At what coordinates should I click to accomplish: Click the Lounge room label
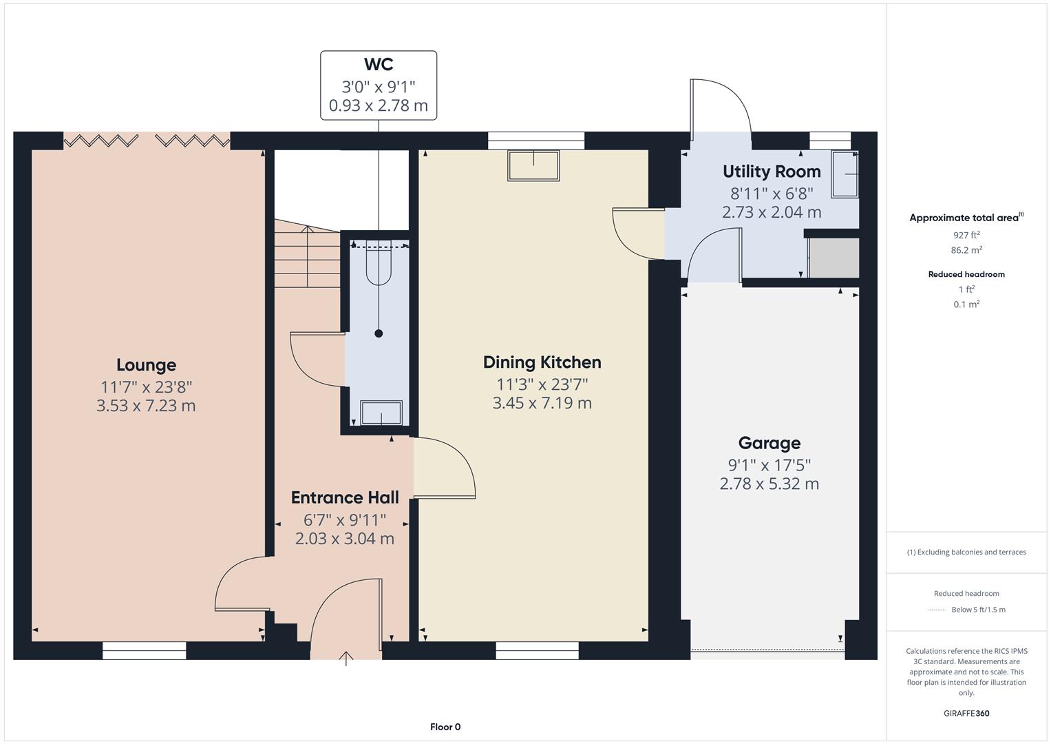(146, 365)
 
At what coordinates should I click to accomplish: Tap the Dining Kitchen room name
(542, 362)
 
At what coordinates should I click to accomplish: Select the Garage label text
(769, 443)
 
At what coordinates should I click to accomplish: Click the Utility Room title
(772, 172)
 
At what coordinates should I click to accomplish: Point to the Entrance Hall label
(345, 497)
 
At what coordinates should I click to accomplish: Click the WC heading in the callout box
(378, 65)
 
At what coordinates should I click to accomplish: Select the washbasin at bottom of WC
(381, 413)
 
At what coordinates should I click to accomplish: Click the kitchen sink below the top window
(533, 165)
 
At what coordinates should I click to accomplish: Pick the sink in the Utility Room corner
(845, 174)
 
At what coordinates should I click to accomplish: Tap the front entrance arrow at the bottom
(346, 658)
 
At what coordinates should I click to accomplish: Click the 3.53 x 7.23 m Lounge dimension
(146, 406)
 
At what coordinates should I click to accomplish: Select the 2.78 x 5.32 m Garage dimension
(769, 484)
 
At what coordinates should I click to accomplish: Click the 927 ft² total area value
(966, 235)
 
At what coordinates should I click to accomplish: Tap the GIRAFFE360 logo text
(966, 713)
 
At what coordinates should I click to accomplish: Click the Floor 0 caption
(445, 727)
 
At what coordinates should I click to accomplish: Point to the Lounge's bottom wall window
(144, 650)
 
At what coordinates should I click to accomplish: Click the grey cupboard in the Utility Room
(834, 258)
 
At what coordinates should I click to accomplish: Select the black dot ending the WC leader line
(379, 333)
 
